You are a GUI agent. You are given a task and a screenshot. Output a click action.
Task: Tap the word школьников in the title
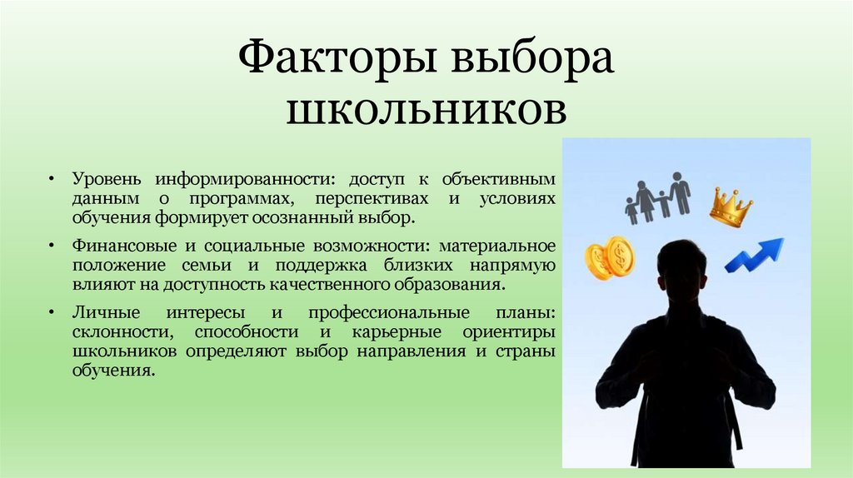point(426,111)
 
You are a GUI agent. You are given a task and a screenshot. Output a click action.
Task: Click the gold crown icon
point(731,207)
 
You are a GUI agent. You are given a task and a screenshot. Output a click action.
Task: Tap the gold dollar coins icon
point(610,257)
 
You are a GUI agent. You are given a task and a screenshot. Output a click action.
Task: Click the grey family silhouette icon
point(657,198)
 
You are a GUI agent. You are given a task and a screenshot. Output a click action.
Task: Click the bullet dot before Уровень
point(51,180)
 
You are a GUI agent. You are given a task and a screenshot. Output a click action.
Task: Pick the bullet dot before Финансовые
point(51,247)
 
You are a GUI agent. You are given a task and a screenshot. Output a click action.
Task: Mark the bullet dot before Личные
point(51,314)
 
